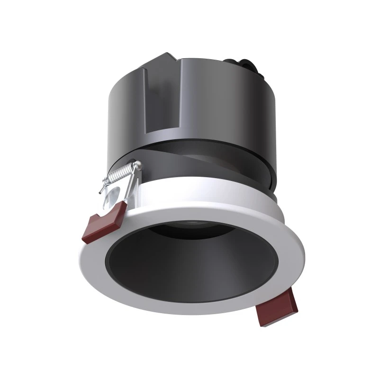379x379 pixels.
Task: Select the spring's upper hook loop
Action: (137, 165)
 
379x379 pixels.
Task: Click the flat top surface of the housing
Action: (204, 64)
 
